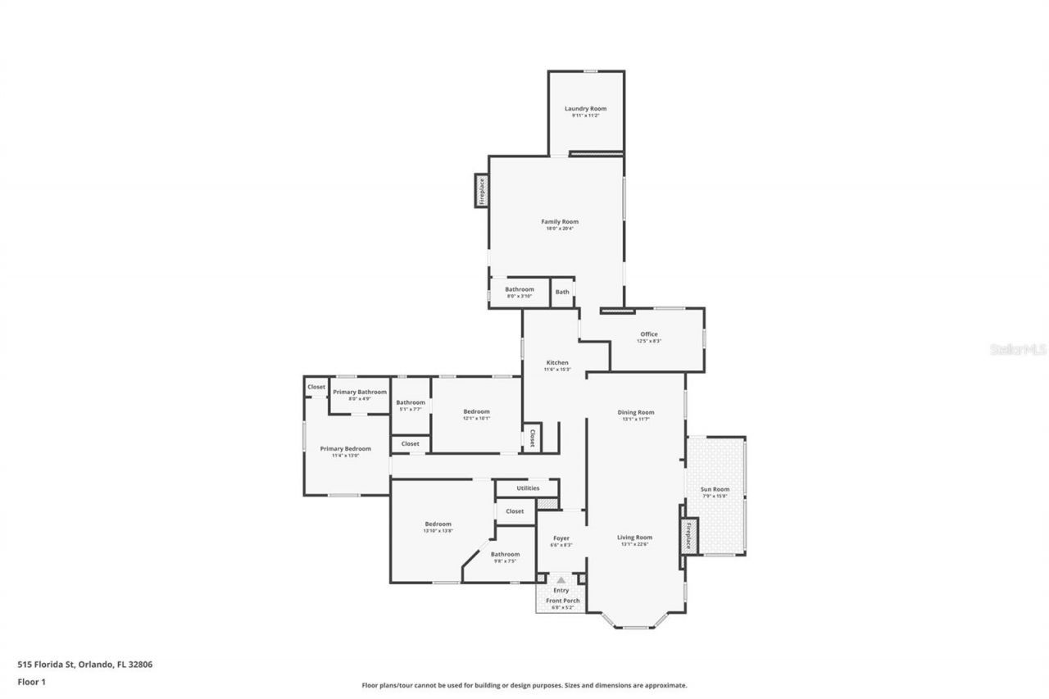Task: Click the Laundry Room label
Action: tap(585, 108)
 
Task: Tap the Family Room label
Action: tap(560, 221)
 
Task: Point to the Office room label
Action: tap(649, 334)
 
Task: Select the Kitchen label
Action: tap(557, 362)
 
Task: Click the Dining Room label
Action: tap(636, 412)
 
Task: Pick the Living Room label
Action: tap(634, 538)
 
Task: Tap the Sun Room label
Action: tap(715, 489)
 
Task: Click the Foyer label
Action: tap(561, 538)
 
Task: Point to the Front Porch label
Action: tap(563, 601)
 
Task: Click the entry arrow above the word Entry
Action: tap(561, 580)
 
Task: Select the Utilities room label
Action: tap(528, 488)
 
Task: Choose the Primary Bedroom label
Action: tap(345, 448)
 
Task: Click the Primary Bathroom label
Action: tap(360, 392)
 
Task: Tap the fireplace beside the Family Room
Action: tap(482, 191)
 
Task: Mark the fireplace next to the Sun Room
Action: tap(688, 536)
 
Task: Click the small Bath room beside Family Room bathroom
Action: tap(562, 291)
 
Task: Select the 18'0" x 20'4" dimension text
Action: tap(560, 229)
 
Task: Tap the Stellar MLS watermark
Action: tap(1018, 349)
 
